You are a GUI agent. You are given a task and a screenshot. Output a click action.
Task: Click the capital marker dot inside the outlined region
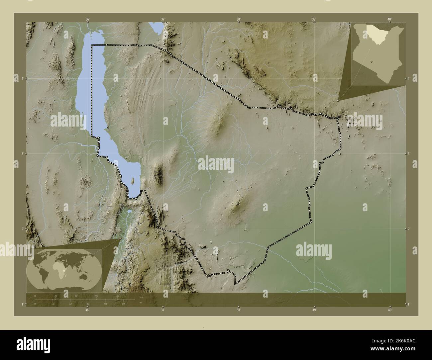click(238, 204)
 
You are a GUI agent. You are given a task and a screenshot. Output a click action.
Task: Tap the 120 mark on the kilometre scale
click(117, 296)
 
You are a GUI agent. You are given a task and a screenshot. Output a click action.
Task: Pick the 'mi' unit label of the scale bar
click(141, 302)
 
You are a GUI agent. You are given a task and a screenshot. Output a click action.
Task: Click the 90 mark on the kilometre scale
click(97, 296)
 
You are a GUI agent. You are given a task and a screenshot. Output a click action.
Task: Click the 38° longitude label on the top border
click(238, 19)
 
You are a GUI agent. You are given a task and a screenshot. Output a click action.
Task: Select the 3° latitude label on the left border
click(22, 154)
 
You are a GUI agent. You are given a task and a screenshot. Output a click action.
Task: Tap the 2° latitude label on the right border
click(410, 229)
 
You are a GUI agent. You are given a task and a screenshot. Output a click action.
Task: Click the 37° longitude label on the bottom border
click(163, 310)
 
